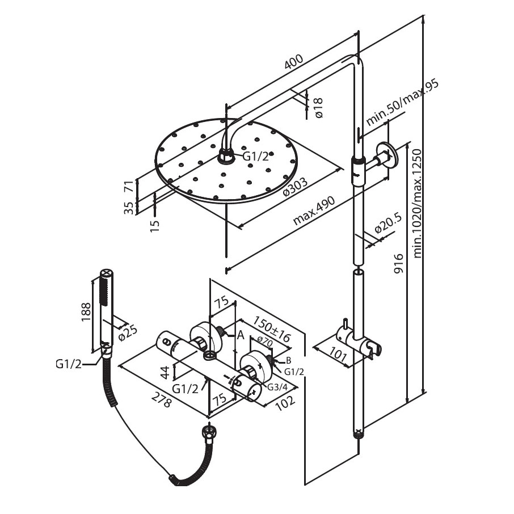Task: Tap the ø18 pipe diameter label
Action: (318, 107)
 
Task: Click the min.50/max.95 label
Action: (402, 103)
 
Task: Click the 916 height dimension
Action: (398, 264)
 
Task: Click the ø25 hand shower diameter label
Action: (128, 332)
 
